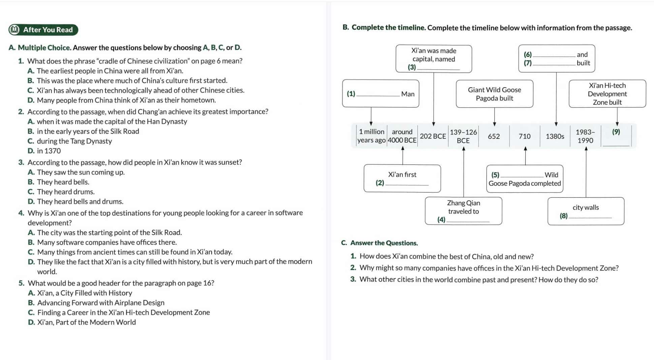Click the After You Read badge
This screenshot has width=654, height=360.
pyautogui.click(x=43, y=30)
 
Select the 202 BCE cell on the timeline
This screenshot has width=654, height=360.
pyautogui.click(x=433, y=136)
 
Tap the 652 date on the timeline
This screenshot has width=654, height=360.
pyautogui.click(x=494, y=136)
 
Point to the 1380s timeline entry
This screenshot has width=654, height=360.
pyautogui.click(x=555, y=136)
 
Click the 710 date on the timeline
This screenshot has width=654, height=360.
pyautogui.click(x=525, y=136)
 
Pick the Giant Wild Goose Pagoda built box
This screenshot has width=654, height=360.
pyautogui.click(x=494, y=94)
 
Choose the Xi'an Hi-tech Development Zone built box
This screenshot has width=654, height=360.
pyautogui.click(x=607, y=94)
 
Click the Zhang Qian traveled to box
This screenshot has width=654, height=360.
pyautogui.click(x=463, y=211)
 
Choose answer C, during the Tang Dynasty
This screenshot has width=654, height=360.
pyautogui.click(x=70, y=141)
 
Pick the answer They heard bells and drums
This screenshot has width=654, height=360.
pyautogui.click(x=75, y=202)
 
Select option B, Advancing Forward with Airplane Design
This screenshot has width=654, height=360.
pyautogui.click(x=96, y=303)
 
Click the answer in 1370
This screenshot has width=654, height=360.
pyautogui.click(x=44, y=151)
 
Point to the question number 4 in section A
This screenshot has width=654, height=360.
pyautogui.click(x=21, y=213)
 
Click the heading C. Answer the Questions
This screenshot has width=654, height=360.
pyautogui.click(x=379, y=243)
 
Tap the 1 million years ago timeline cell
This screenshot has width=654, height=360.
pyautogui.click(x=371, y=136)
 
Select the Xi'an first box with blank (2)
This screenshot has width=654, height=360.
pyautogui.click(x=402, y=178)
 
